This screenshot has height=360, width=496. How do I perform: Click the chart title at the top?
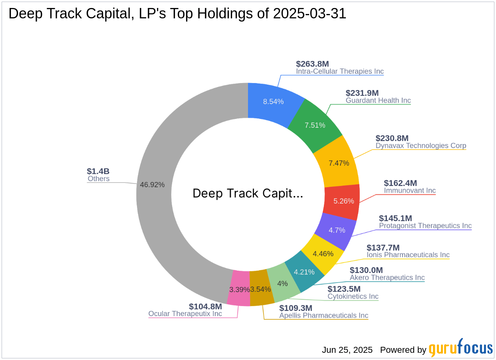tap(177, 14)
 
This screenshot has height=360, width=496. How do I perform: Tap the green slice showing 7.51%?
tap(315, 125)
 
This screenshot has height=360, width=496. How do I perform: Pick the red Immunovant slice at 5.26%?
tap(343, 201)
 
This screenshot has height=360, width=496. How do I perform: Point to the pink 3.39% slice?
tap(239, 289)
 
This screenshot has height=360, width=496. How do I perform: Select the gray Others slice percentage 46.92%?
tap(152, 185)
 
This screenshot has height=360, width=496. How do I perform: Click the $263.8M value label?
tap(312, 64)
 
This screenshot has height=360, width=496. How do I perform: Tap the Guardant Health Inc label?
tap(378, 101)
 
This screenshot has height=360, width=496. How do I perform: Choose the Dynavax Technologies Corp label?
tap(421, 146)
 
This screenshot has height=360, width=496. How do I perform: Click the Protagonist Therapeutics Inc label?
tap(425, 226)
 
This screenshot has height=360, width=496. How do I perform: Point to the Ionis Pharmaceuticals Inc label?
tap(408, 255)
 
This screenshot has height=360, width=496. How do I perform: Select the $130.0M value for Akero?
tap(366, 270)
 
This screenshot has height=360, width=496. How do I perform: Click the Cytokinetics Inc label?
tap(353, 297)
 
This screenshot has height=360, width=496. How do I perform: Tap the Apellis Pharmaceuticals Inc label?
tap(323, 316)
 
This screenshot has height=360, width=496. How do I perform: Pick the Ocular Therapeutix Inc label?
tap(185, 314)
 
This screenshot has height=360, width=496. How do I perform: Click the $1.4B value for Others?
tap(98, 171)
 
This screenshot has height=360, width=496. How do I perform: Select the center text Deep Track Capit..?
tap(248, 194)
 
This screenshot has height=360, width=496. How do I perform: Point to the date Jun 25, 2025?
tap(347, 350)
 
